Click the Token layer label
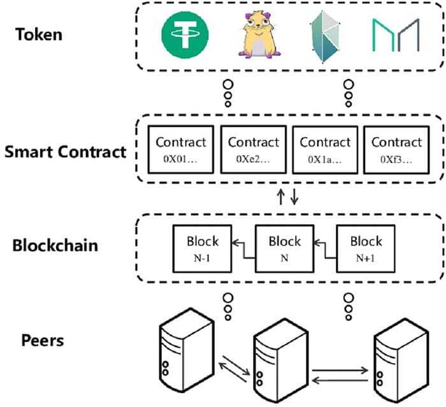click(x=40, y=33)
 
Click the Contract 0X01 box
click(x=181, y=149)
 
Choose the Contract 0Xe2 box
click(x=253, y=149)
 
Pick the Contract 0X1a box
click(x=325, y=149)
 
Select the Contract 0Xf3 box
click(x=396, y=149)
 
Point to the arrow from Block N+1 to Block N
click(x=324, y=245)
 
